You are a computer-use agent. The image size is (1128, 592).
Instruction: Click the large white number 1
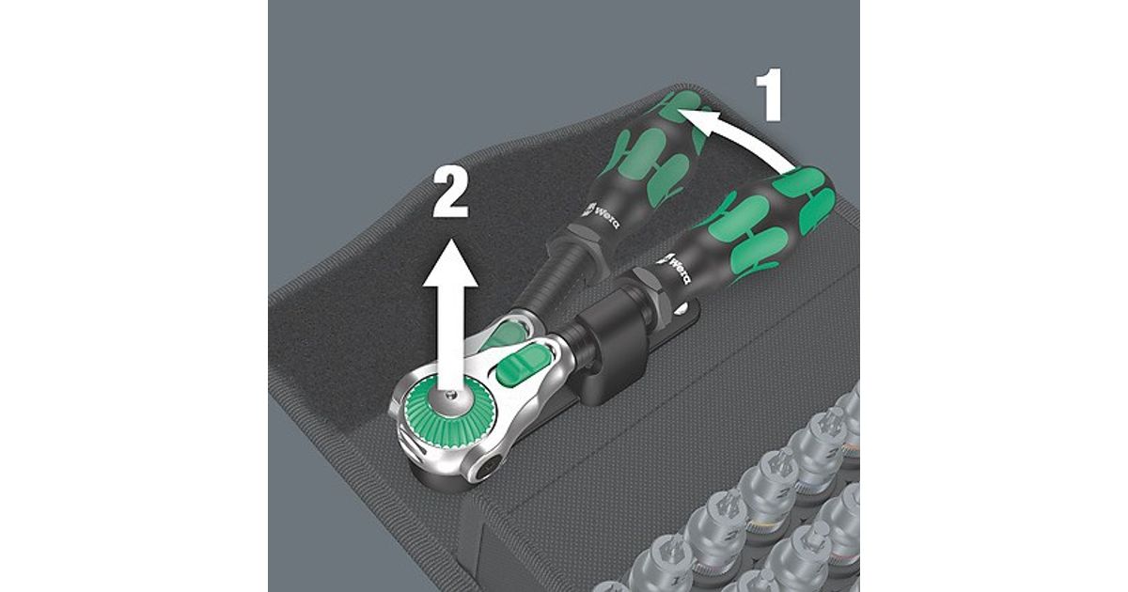click(770, 95)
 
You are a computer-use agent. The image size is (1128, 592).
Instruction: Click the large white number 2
click(450, 193)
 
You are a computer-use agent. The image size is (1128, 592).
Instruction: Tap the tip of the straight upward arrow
click(450, 238)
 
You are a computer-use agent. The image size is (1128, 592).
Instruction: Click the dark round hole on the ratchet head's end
click(489, 472)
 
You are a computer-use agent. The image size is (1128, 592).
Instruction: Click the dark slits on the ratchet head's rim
click(411, 447)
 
